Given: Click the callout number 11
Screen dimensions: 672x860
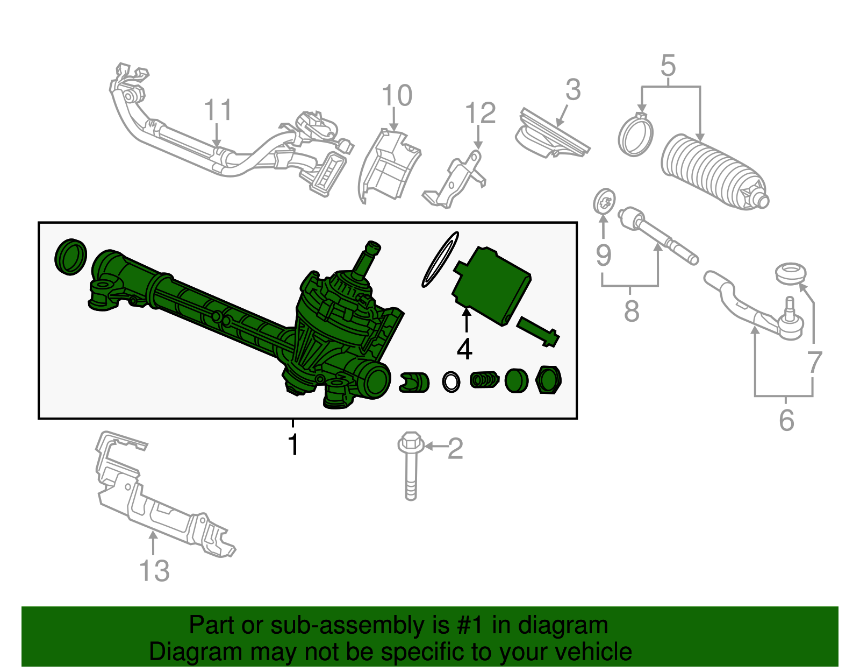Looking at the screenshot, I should (x=218, y=110).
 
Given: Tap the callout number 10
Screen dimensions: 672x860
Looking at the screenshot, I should (x=397, y=96).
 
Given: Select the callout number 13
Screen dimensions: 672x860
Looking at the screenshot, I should (x=154, y=571).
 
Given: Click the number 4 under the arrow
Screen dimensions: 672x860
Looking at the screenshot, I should (x=464, y=350).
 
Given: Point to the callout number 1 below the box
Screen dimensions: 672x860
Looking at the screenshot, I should (x=293, y=444).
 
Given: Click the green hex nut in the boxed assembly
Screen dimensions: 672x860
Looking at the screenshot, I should (x=549, y=379).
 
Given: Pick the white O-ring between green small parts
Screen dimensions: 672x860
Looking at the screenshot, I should (x=451, y=381).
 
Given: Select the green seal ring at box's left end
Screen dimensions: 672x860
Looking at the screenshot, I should (x=71, y=257).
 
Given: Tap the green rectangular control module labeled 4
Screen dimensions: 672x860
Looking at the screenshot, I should (x=492, y=285).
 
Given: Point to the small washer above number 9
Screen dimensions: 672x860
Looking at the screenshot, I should (x=604, y=202).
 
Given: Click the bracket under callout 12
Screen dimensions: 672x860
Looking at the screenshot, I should (x=457, y=180).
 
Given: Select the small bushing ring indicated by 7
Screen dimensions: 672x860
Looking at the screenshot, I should (x=791, y=273).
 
